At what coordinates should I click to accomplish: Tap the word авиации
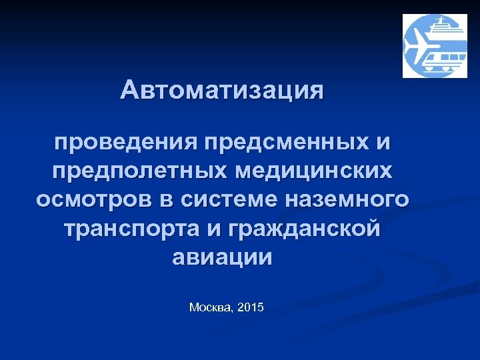click(x=222, y=257)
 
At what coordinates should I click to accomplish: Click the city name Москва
click(x=210, y=307)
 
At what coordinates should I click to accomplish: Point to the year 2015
click(x=251, y=307)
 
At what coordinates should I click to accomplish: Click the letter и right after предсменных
click(x=383, y=142)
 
